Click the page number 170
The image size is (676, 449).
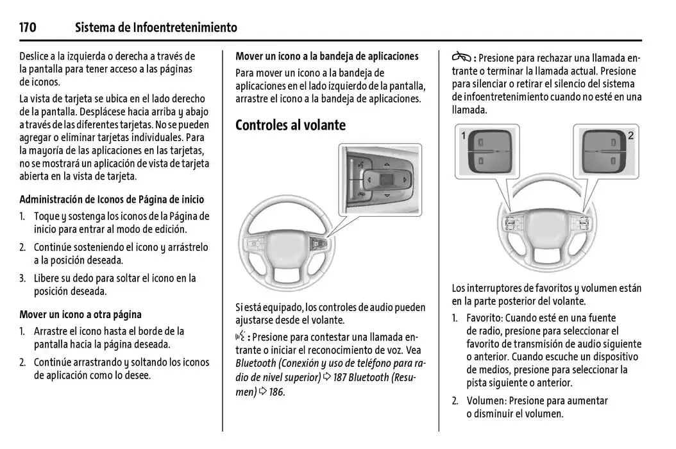(28, 28)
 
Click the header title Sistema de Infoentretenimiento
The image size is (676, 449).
(156, 28)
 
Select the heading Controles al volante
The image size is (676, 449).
(290, 125)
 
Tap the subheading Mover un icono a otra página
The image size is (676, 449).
(80, 314)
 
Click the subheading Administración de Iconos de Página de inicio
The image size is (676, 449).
(112, 199)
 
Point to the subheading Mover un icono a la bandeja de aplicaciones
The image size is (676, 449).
(326, 56)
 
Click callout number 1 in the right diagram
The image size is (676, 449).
(463, 136)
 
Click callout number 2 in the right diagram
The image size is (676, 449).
(630, 136)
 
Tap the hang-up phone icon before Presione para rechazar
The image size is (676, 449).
(461, 57)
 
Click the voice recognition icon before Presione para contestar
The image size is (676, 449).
(241, 336)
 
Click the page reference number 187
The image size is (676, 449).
(340, 378)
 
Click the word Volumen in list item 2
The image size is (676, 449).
(485, 401)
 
